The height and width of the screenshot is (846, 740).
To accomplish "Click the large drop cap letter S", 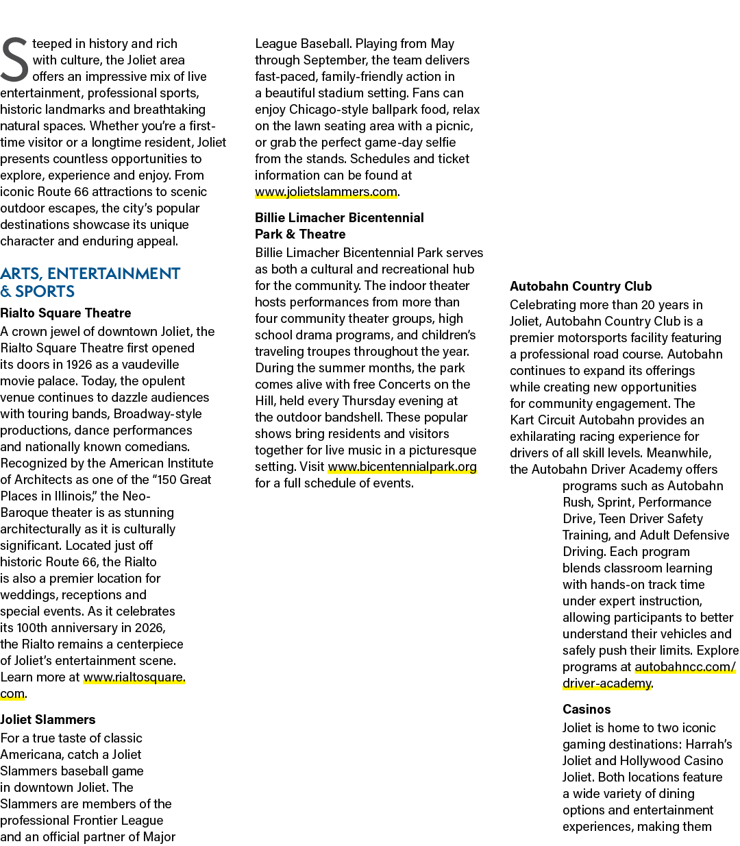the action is [15, 60].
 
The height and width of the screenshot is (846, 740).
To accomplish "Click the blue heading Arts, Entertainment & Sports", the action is [90, 282].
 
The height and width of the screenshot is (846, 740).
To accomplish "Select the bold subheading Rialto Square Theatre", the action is [66, 313].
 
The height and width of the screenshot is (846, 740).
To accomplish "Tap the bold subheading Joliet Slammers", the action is [48, 719].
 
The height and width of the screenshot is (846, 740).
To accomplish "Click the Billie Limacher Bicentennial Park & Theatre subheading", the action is [339, 226].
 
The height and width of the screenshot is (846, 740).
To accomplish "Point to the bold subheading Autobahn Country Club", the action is [580, 286].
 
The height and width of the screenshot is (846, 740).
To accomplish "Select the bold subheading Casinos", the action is [587, 709].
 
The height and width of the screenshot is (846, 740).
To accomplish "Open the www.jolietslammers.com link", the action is [326, 192].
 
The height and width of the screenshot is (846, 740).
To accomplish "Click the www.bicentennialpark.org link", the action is [402, 467].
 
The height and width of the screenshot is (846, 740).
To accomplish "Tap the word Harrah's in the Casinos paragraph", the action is [708, 745].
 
